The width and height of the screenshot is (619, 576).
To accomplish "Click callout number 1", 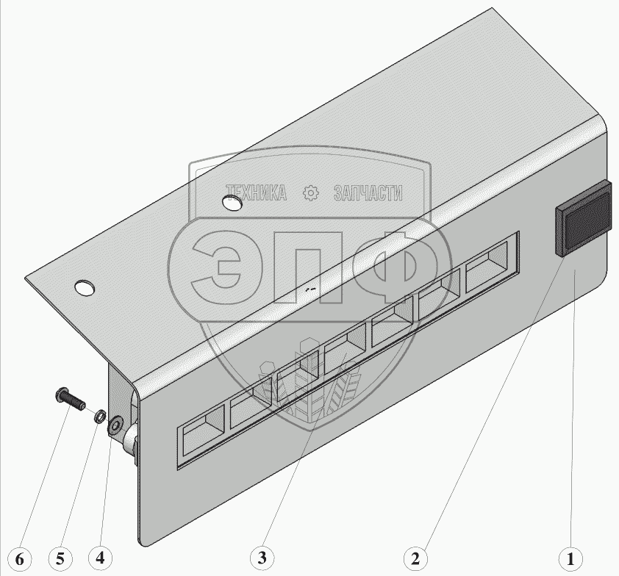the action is pyautogui.click(x=570, y=558).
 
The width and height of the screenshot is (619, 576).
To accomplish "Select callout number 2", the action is pyautogui.click(x=415, y=558).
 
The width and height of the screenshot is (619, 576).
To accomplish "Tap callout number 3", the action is pyautogui.click(x=262, y=558).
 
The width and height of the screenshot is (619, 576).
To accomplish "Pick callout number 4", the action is pyautogui.click(x=100, y=558).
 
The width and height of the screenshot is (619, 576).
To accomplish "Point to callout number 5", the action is pyautogui.click(x=60, y=558).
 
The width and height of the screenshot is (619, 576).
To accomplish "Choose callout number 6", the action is pyautogui.click(x=20, y=559).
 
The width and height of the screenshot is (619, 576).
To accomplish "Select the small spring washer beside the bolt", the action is pyautogui.click(x=100, y=415).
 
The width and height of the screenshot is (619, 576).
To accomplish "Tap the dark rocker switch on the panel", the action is pyautogui.click(x=583, y=217).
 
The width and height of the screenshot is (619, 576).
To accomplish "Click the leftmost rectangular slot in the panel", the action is pyautogui.click(x=202, y=429).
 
